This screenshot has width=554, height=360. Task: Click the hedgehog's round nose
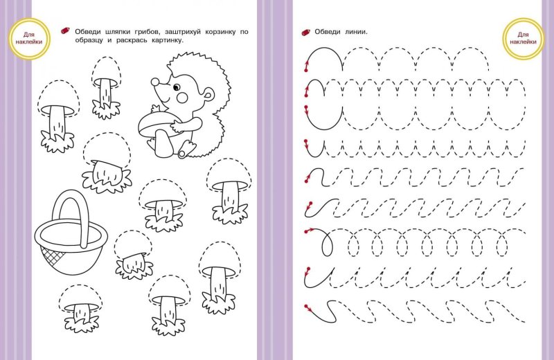click(154, 82)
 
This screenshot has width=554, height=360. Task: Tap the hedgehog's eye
click(177, 87)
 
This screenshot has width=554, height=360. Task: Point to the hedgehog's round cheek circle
click(182, 97)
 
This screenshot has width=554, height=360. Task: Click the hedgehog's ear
click(209, 94)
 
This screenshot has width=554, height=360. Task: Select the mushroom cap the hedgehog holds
click(155, 124)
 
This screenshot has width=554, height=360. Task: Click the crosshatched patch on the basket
click(52, 255)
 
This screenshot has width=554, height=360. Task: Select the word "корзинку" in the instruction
click(220, 32)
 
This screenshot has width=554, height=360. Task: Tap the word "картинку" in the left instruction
click(168, 40)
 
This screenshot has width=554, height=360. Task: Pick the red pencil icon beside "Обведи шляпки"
click(65, 31)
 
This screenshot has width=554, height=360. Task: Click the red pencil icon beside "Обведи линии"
click(305, 33)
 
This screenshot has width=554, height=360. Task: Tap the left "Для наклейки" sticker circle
click(29, 39)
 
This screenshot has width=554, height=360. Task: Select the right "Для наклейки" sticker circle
click(523, 38)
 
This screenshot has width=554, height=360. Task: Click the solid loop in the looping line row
click(327, 244)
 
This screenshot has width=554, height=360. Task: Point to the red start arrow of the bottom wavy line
click(307, 308)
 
